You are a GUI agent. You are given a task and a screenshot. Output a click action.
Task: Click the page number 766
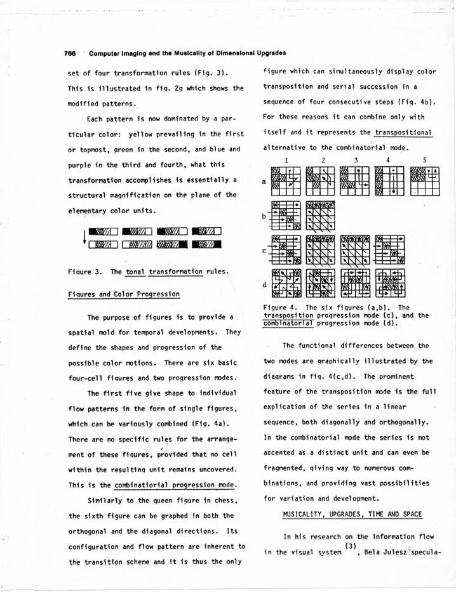pos(71,52)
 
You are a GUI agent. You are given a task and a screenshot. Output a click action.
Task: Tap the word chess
pos(219,501)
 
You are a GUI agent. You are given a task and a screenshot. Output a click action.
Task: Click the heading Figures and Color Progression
pos(123,294)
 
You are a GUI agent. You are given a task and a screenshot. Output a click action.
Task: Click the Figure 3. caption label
pos(85,272)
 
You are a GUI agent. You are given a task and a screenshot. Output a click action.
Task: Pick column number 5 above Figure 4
pos(424,161)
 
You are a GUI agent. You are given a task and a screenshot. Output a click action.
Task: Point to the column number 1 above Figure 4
pos(286,161)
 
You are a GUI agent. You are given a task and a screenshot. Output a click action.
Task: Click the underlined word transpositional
pos(403,133)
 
